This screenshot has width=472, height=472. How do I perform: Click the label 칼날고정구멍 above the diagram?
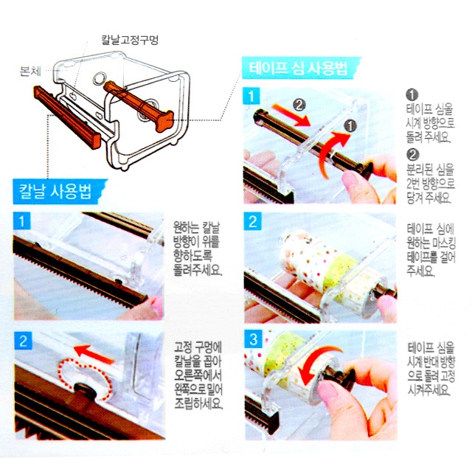[130, 40]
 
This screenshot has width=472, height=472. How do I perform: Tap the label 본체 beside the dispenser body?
[30, 71]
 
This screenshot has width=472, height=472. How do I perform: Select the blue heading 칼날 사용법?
[56, 192]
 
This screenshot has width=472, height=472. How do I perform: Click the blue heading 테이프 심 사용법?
[298, 69]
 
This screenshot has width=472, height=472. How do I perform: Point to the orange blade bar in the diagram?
[67, 117]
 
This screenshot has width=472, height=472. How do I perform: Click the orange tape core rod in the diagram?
[139, 105]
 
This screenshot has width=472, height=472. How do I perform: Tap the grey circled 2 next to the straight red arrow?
[299, 105]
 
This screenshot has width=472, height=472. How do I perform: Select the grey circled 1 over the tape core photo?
[350, 125]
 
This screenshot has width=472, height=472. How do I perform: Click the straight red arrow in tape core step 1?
[291, 115]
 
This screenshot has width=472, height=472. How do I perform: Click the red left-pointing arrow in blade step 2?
[94, 354]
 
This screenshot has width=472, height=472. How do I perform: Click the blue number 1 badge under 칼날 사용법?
[21, 221]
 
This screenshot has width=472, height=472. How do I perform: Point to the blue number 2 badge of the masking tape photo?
[252, 221]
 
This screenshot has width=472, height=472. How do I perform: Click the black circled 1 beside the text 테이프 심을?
[412, 94]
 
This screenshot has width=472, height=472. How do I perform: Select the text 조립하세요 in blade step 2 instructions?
[198, 403]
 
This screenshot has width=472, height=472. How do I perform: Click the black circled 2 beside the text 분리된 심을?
[412, 154]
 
